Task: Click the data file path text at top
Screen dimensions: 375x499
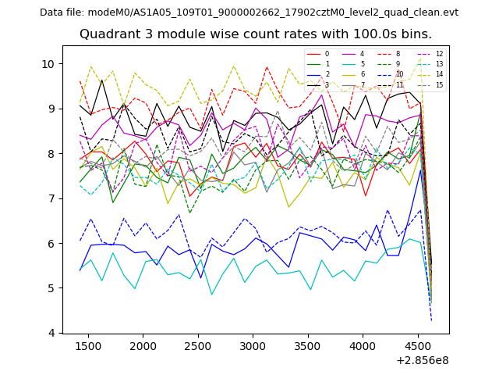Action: [249, 12]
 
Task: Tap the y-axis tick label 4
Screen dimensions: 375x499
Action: [52, 334]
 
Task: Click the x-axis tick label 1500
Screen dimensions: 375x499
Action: [88, 346]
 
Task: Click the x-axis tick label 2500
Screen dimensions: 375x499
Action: [198, 346]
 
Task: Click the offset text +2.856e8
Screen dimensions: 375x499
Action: [423, 360]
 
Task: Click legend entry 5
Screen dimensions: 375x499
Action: [362, 64]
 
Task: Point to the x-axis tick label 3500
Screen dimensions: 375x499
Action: [308, 346]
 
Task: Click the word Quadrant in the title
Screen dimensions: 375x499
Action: [108, 34]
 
